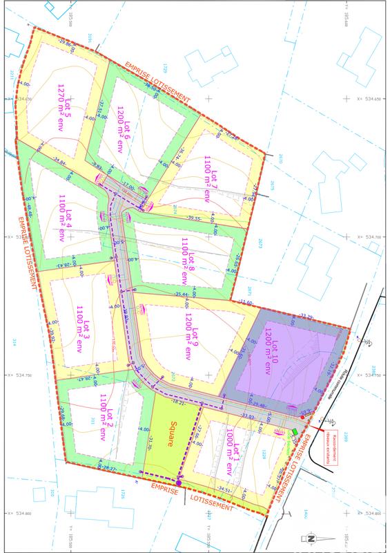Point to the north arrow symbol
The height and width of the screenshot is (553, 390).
[310, 538]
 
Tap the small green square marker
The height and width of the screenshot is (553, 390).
[295, 431]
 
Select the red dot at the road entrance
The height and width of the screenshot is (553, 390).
[303, 418]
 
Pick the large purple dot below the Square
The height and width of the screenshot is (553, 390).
[178, 482]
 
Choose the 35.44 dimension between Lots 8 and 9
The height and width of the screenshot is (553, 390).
[183, 294]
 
